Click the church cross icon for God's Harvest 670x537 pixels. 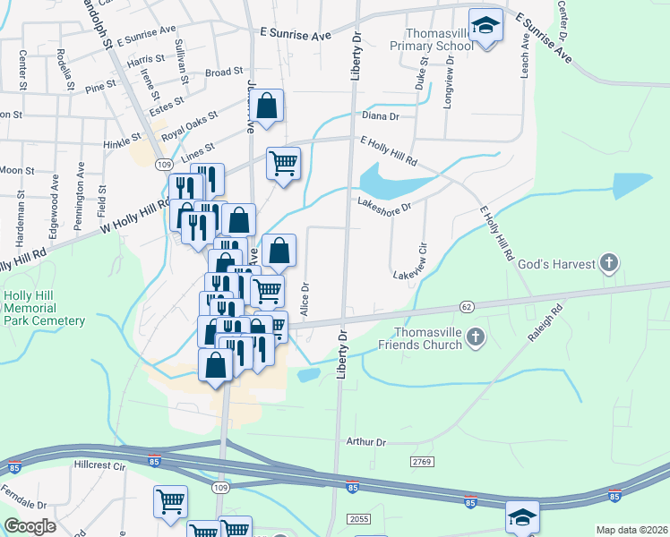pos(608,263)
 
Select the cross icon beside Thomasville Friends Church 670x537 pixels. pos(476,337)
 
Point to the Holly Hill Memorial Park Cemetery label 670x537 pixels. pos(44,309)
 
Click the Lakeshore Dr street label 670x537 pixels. pos(383,207)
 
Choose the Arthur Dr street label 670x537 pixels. pos(365,442)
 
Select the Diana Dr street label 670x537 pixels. pos(380,115)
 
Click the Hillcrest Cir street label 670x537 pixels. pos(100,465)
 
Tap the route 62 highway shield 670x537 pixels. pos(467,306)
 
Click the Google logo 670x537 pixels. pos(30,526)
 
